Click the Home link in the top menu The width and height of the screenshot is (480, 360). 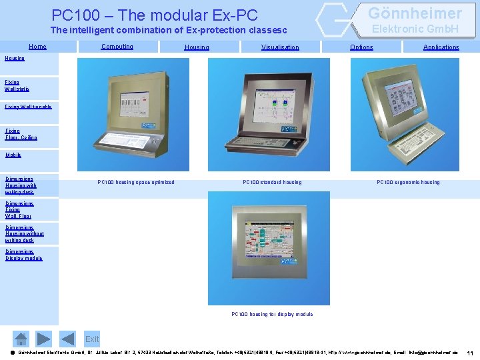tap(37, 47)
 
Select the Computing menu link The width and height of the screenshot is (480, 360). tap(117, 47)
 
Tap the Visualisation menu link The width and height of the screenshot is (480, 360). tap(280, 47)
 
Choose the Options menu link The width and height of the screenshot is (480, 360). tap(361, 47)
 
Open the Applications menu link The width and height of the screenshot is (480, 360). tap(441, 47)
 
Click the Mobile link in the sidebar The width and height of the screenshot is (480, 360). tap(13, 155)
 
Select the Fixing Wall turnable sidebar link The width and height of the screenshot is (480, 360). tap(28, 107)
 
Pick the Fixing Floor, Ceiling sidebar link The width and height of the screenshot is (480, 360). tap(21, 135)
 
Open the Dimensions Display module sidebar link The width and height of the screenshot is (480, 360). tap(23, 255)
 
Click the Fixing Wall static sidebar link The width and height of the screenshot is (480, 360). tap(17, 85)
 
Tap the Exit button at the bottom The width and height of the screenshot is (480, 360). tap(92, 339)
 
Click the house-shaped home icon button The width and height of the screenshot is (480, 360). tap(22, 339)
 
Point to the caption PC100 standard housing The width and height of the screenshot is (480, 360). tap(272, 182)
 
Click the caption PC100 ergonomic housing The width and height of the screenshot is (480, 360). tap(408, 182)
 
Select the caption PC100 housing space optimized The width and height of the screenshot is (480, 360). tap(136, 182)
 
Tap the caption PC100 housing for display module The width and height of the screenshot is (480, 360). tap(272, 314)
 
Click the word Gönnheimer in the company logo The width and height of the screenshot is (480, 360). tap(415, 13)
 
